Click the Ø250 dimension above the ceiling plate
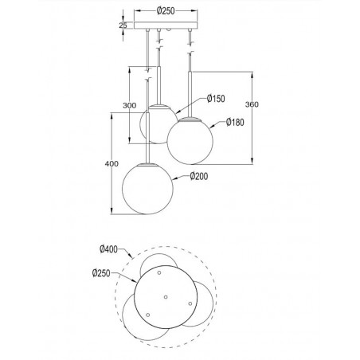coord(166,12)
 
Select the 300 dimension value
coord(130,106)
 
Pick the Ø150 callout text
coord(217,100)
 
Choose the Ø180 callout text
coord(235,123)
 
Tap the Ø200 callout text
coord(199,176)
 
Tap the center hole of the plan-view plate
coord(165,297)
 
